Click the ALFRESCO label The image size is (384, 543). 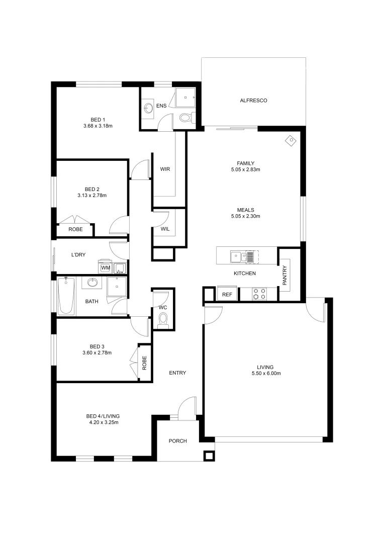253,101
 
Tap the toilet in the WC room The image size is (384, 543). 163,320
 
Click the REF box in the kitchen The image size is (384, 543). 227,295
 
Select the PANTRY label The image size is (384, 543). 284,276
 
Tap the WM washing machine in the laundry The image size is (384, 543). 106,268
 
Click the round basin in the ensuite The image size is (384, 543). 148,108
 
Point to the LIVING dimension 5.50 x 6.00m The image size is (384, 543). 266,374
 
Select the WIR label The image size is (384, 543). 165,169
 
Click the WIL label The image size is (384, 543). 165,229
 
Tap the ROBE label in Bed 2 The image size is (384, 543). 75,229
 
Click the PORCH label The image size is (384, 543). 177,441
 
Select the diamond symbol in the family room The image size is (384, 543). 291,141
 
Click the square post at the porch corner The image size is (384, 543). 209,456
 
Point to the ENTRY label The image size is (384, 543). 177,373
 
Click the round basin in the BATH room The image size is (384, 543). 92,283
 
